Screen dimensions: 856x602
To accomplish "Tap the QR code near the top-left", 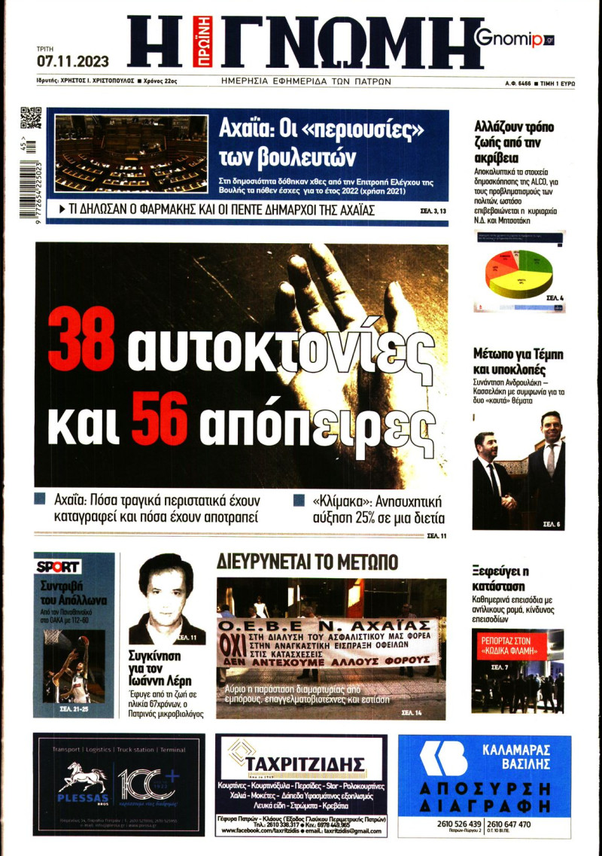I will pyautogui.click(x=30, y=119).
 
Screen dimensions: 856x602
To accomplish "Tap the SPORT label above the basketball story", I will pyautogui.click(x=58, y=566).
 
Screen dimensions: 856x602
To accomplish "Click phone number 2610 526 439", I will pyautogui.click(x=460, y=824).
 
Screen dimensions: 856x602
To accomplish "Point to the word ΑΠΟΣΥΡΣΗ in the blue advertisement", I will pyautogui.click(x=485, y=787).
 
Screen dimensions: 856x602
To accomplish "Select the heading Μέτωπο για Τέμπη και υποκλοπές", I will pyautogui.click(x=518, y=361).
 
